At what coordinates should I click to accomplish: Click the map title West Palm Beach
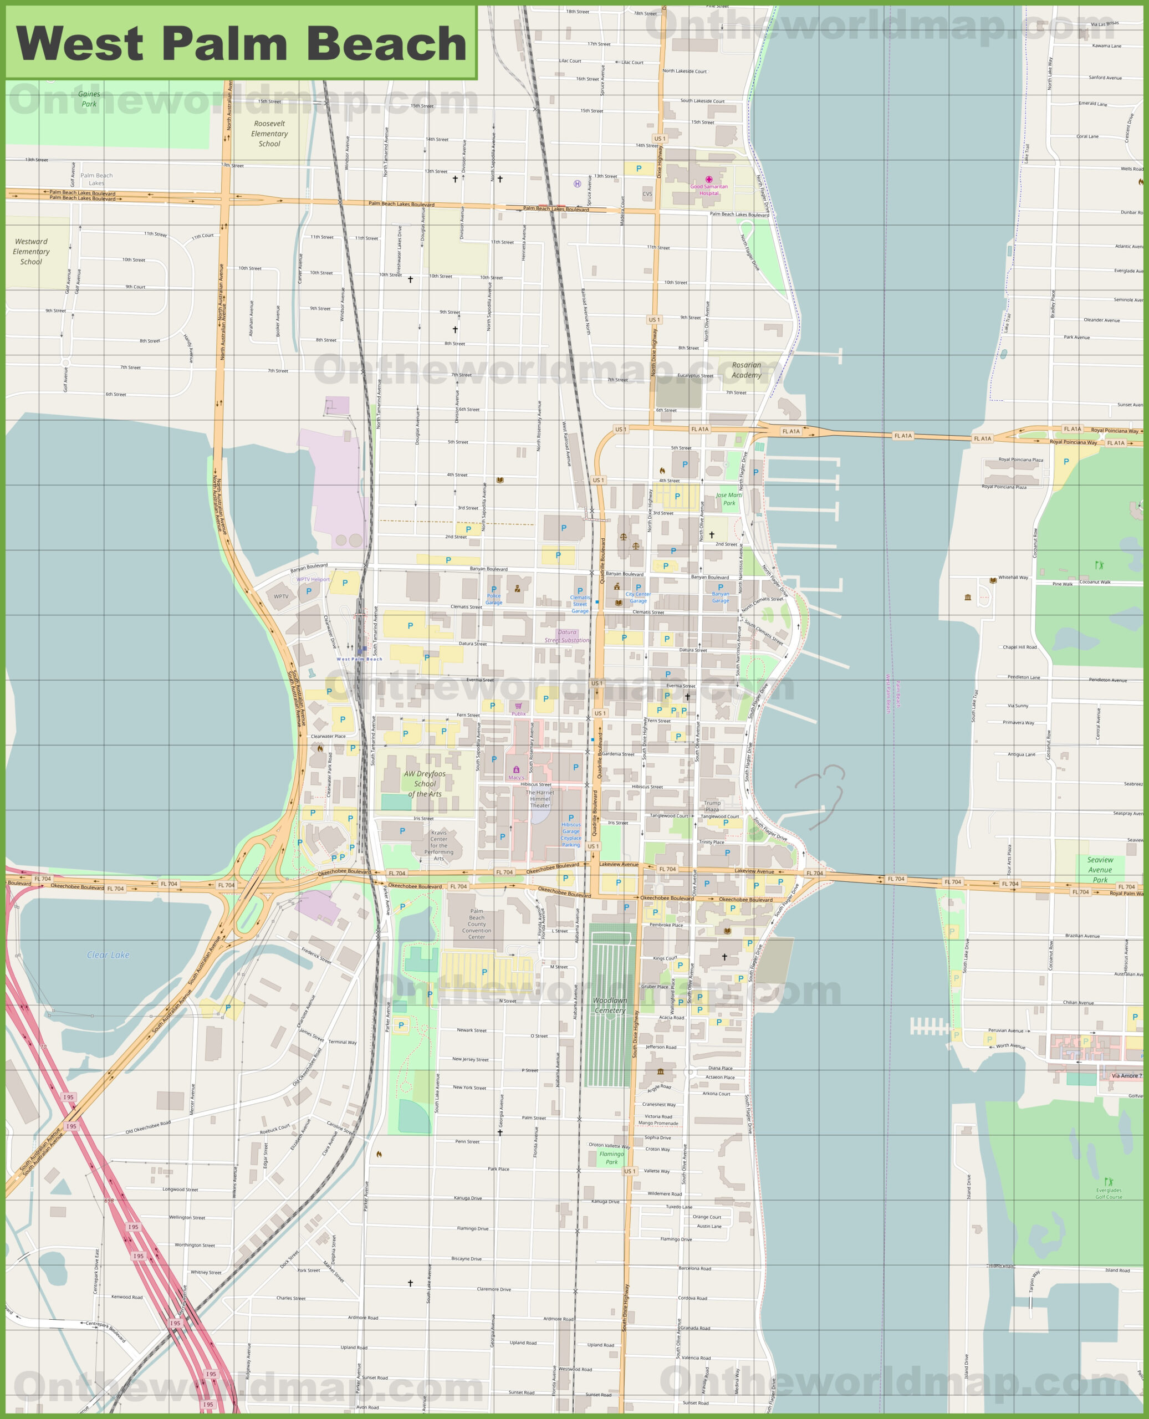pyautogui.click(x=241, y=44)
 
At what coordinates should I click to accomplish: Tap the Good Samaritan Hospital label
pyautogui.click(x=709, y=190)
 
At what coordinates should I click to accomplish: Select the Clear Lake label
pyautogui.click(x=109, y=955)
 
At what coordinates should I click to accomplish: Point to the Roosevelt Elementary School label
pyautogui.click(x=269, y=134)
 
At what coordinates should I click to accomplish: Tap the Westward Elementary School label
pyautogui.click(x=31, y=252)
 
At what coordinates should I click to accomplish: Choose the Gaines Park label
pyautogui.click(x=89, y=99)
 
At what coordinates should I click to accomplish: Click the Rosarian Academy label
pyautogui.click(x=747, y=370)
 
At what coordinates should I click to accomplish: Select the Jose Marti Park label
pyautogui.click(x=729, y=499)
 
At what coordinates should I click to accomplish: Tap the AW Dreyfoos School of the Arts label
pyautogui.click(x=425, y=784)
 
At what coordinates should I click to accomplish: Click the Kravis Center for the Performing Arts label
pyautogui.click(x=439, y=845)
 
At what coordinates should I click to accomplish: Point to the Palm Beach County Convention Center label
pyautogui.click(x=477, y=924)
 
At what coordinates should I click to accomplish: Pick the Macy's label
pyautogui.click(x=516, y=778)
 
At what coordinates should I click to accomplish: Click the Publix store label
pyautogui.click(x=519, y=713)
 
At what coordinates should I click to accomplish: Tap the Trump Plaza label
pyautogui.click(x=712, y=806)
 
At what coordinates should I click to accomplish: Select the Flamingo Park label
pyautogui.click(x=611, y=1157)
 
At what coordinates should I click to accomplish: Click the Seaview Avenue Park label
pyautogui.click(x=1100, y=870)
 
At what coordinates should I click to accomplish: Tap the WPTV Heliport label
pyautogui.click(x=313, y=579)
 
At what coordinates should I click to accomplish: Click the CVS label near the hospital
pyautogui.click(x=647, y=194)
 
